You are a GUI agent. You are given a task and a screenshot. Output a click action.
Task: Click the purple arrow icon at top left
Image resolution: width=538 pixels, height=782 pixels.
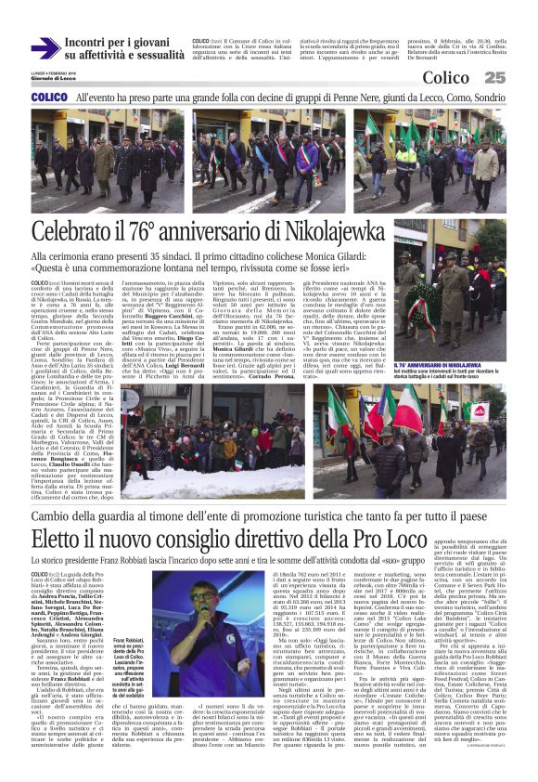[45, 48]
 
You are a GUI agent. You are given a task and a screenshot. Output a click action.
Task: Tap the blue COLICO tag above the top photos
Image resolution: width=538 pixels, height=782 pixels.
[48, 98]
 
